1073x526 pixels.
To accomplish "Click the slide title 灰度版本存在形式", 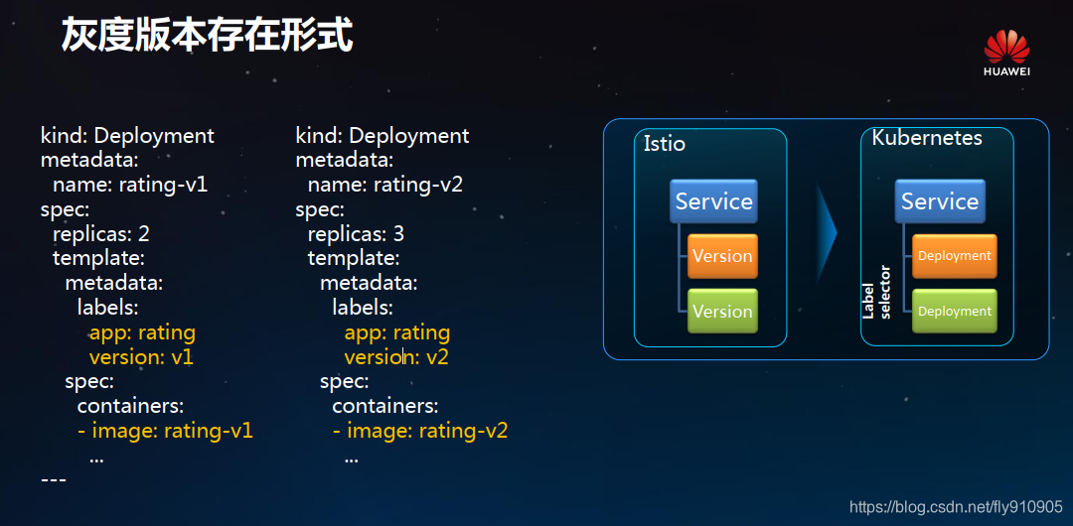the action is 208,36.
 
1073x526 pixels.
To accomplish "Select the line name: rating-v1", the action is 130,185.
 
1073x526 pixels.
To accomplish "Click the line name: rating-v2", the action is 385,185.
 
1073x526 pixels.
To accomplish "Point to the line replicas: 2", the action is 101,234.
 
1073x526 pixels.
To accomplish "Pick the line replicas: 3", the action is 356,234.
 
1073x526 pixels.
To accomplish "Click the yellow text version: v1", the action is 142,357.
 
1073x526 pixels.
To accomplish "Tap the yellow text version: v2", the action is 396,357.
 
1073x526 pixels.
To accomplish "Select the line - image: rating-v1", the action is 165,431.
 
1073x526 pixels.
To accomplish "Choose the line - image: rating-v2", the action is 420,431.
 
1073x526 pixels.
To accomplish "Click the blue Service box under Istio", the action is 713,201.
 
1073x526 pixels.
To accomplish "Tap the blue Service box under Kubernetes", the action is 940,201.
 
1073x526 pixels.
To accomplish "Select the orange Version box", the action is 722,256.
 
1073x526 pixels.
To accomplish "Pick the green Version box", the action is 722,312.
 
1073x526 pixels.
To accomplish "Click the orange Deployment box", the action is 955,256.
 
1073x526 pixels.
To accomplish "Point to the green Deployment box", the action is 955,312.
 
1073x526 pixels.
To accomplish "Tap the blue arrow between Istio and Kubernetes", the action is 827,232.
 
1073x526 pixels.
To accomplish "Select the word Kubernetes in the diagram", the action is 927,138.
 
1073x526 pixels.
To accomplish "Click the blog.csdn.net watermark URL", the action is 956,507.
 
